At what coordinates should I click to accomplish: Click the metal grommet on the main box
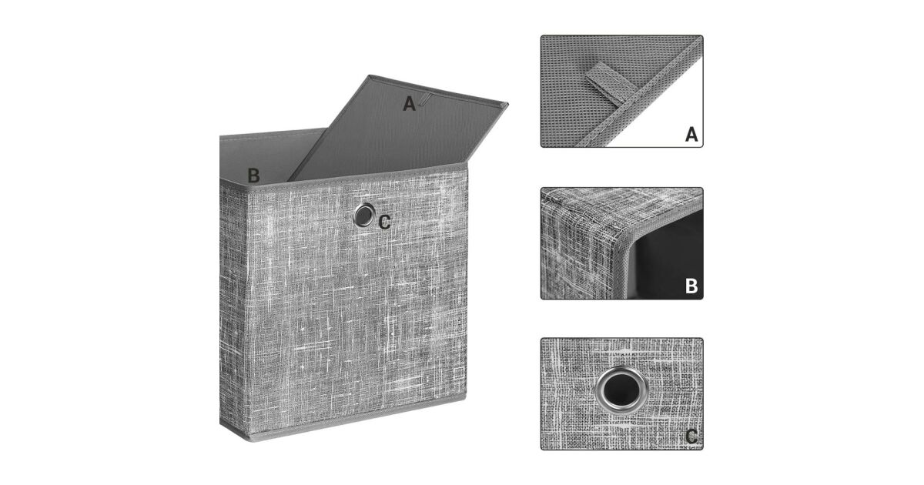[363, 215]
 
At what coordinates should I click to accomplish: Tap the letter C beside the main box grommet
[384, 222]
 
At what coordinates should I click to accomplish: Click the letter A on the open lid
[409, 103]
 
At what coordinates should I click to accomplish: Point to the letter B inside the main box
[253, 176]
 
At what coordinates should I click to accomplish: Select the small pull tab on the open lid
[426, 99]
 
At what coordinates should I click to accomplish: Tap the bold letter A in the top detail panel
[691, 135]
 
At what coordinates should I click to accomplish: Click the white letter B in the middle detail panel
[691, 286]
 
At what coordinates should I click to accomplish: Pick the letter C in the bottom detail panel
[691, 436]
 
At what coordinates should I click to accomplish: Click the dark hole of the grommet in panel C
[621, 390]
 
